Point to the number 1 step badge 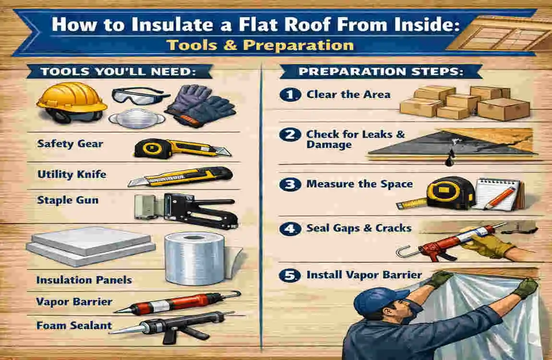(288, 95)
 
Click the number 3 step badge (288, 184)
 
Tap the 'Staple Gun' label (68, 200)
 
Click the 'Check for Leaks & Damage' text (355, 139)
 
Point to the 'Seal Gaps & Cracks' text (359, 228)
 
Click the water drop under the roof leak (449, 162)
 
